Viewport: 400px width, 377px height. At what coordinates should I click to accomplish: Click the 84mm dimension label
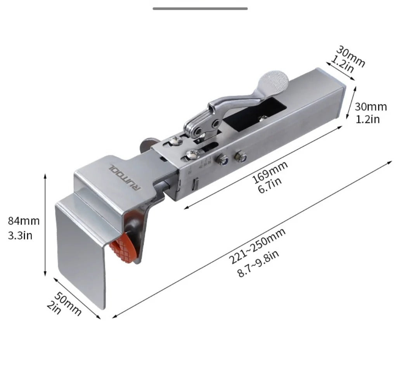[x=24, y=221]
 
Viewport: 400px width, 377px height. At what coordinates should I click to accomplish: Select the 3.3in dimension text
[x=20, y=235]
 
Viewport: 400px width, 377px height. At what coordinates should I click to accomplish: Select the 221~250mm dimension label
[x=256, y=246]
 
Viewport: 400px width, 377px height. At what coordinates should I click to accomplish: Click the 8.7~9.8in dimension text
[x=258, y=263]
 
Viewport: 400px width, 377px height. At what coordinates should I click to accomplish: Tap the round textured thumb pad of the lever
[x=274, y=80]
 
